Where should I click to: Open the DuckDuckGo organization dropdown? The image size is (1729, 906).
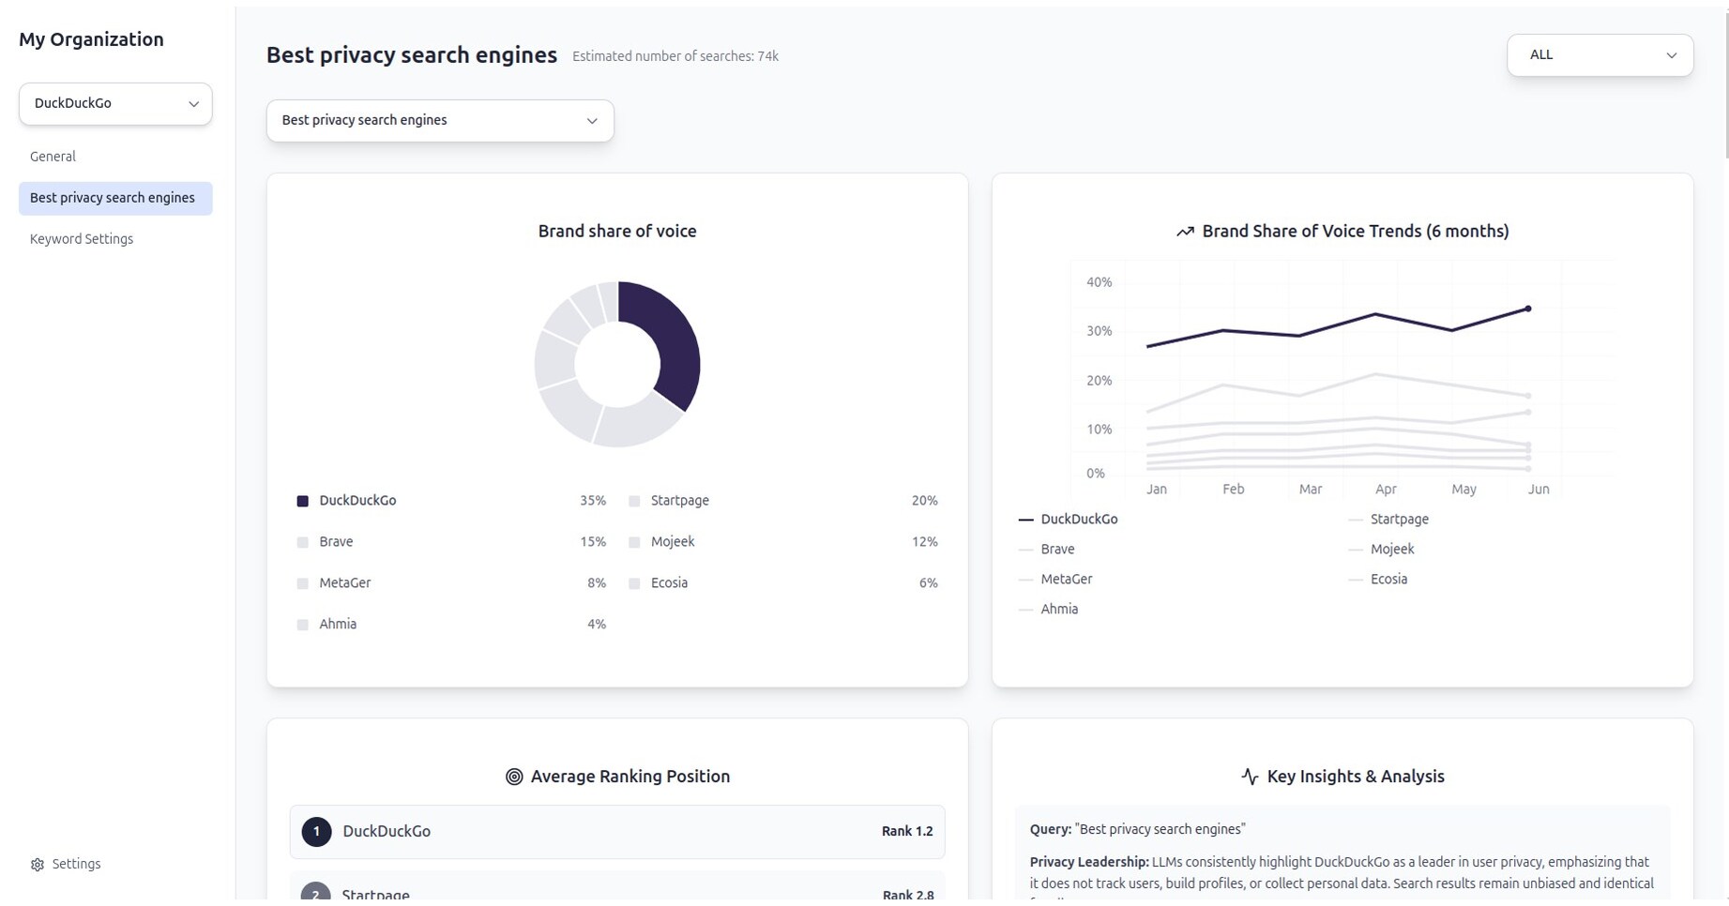tap(115, 104)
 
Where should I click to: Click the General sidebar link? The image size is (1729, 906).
tap(53, 157)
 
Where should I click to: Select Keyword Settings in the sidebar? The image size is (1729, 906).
tap(82, 239)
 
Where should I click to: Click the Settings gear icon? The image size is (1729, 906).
tap(38, 865)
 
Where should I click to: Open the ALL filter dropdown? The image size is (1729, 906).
tap(1600, 55)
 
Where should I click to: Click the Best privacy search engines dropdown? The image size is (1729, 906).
tap(440, 121)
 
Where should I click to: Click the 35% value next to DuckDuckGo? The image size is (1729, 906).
tap(592, 501)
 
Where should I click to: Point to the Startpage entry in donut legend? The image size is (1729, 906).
tap(679, 501)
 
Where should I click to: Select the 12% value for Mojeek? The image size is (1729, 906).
tap(924, 542)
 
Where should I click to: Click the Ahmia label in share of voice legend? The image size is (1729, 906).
tap(338, 625)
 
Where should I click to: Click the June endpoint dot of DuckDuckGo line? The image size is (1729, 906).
tap(1528, 309)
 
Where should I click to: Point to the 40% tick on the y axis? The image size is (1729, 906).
tap(1099, 282)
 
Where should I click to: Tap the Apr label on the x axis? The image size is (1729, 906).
tap(1386, 490)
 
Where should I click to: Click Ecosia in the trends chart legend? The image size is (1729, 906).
tap(1388, 580)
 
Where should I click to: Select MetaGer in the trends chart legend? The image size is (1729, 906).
tap(1066, 580)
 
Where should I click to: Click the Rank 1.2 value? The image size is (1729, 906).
tap(906, 832)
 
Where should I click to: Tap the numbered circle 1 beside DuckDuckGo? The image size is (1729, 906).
tap(316, 832)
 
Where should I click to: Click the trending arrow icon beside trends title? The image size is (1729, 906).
tap(1185, 232)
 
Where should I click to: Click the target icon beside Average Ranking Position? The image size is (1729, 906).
tap(514, 777)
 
